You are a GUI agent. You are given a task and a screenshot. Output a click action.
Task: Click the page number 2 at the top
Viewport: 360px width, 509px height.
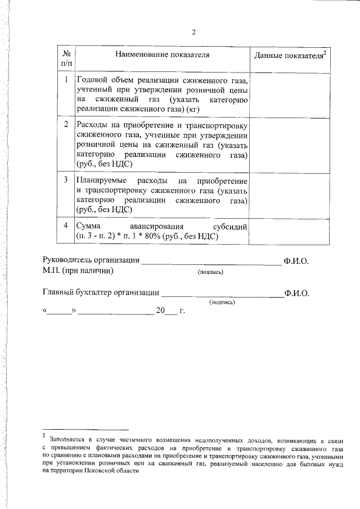193,31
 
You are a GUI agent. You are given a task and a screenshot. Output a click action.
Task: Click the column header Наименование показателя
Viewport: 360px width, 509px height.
163,55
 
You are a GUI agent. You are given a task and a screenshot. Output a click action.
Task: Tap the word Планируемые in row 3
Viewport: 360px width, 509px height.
102,181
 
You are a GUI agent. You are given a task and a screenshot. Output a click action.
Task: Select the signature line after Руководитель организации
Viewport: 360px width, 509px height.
210,263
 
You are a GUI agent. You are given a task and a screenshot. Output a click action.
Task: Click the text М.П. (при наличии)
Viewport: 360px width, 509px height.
78,271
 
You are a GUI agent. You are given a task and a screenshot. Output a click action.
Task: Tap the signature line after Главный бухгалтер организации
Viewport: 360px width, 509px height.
222,295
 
